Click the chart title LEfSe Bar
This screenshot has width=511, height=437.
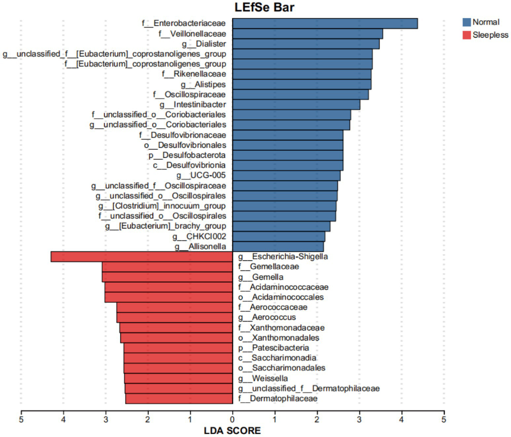click(264, 7)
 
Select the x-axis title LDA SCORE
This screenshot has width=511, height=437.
click(232, 430)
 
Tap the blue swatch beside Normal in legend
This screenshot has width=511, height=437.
click(466, 22)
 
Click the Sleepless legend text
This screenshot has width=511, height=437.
click(490, 35)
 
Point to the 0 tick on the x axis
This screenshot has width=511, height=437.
click(232, 419)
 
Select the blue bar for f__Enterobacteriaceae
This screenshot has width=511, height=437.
click(325, 24)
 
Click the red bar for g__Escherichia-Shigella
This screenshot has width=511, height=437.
click(141, 257)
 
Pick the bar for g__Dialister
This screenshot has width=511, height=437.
click(306, 44)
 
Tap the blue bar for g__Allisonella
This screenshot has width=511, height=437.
click(278, 247)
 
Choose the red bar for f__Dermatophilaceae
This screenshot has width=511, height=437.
click(179, 399)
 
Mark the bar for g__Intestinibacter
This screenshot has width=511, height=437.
click(296, 105)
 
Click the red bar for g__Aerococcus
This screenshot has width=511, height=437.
click(174, 318)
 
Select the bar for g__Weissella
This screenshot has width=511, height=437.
click(178, 378)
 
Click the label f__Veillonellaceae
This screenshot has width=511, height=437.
click(192, 34)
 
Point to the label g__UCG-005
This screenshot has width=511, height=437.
click(201, 175)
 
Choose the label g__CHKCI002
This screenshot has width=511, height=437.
click(199, 236)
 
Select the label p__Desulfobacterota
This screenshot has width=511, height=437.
click(187, 155)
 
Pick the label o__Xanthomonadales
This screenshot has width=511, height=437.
click(279, 338)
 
